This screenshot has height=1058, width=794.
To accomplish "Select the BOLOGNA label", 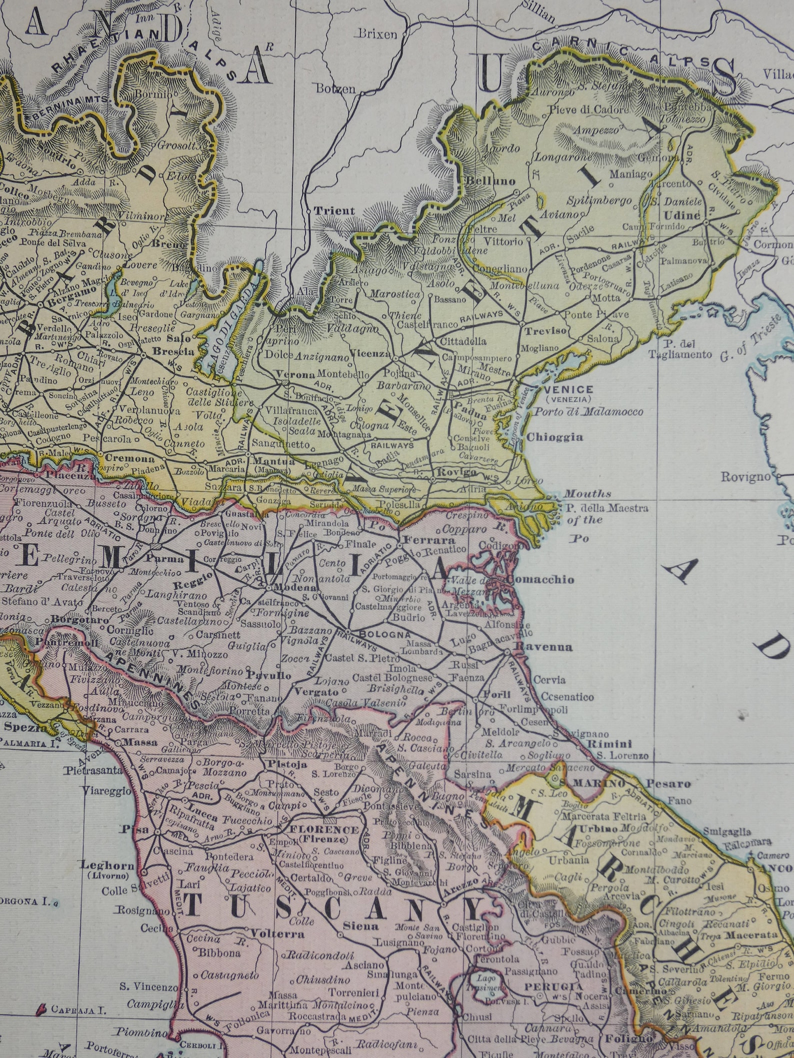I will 382,634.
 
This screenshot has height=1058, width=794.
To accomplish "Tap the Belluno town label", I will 489,181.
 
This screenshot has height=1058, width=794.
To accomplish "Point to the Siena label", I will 360,926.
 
